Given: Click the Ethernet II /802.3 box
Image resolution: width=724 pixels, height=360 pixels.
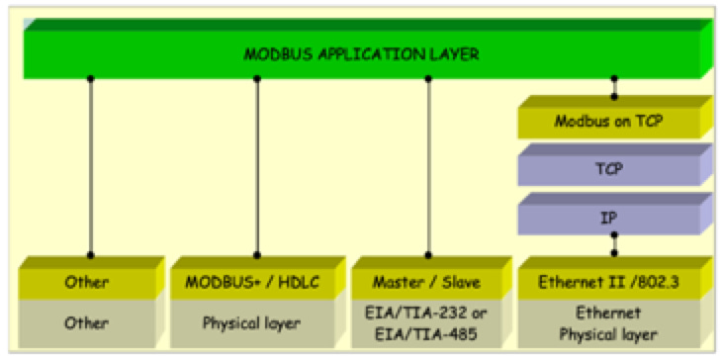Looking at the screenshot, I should tap(609, 283).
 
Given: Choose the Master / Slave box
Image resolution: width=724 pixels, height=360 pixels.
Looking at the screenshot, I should tap(428, 283).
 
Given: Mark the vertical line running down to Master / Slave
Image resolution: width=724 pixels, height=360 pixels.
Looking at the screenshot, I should tap(428, 168).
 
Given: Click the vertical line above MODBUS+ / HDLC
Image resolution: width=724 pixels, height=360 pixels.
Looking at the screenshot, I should tap(257, 168).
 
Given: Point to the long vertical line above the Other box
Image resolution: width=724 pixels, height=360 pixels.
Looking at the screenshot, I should tap(91, 168).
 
